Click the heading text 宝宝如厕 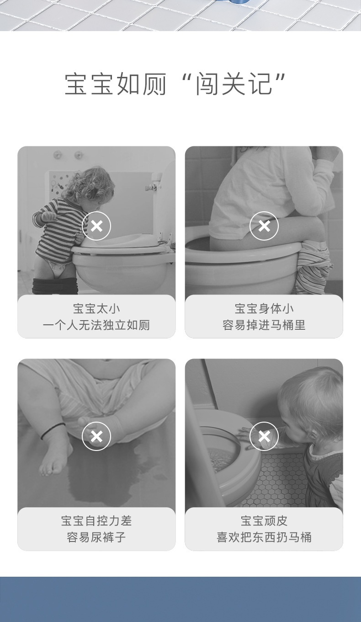click(116, 84)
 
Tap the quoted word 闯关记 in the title click(234, 84)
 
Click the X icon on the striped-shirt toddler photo click(96, 226)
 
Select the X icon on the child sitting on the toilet click(264, 226)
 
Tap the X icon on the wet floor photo click(96, 436)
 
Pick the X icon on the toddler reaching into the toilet click(264, 436)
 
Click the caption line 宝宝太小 click(96, 309)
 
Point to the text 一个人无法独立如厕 click(96, 325)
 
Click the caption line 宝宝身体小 click(264, 309)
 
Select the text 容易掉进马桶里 click(264, 325)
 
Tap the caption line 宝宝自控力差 click(96, 520)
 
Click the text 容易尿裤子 click(96, 537)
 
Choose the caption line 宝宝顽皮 click(264, 520)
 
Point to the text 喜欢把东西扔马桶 click(264, 537)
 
